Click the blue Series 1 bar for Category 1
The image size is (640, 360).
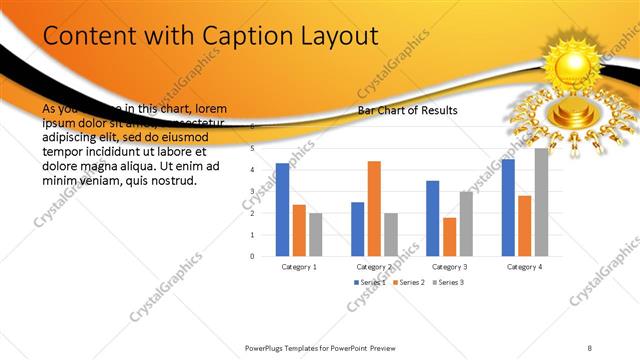pyautogui.click(x=282, y=209)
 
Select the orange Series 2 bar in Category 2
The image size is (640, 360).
pyautogui.click(x=374, y=208)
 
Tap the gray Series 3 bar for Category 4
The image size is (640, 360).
pyautogui.click(x=541, y=202)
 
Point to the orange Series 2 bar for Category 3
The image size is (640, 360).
pyautogui.click(x=449, y=236)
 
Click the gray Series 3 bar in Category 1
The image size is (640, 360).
pyautogui.click(x=316, y=234)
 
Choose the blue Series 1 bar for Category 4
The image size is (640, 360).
pyautogui.click(x=508, y=207)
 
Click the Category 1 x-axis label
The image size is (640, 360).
pyautogui.click(x=299, y=267)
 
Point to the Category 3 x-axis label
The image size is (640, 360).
pyautogui.click(x=449, y=267)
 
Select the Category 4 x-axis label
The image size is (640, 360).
pyautogui.click(x=524, y=267)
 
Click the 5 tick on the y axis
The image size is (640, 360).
pyautogui.click(x=253, y=149)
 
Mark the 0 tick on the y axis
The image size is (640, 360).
pyautogui.click(x=253, y=256)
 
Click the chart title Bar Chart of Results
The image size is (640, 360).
pyautogui.click(x=408, y=110)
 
